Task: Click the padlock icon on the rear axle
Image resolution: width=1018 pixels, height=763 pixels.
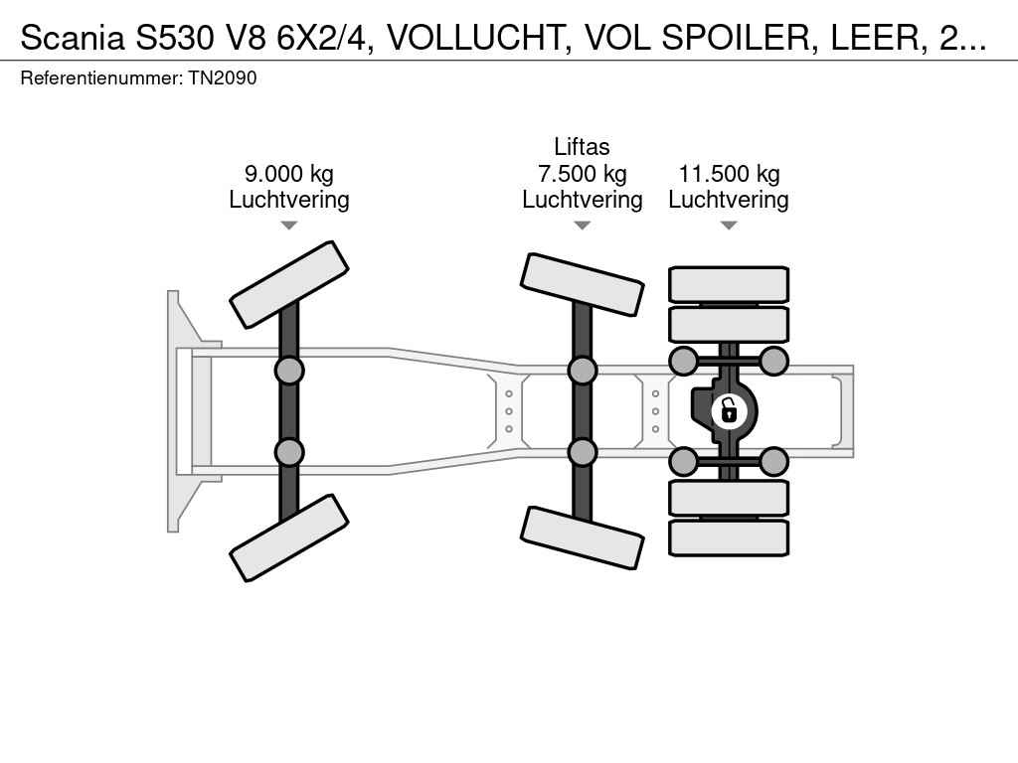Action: click(729, 409)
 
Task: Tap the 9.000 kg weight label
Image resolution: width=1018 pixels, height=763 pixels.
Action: click(288, 174)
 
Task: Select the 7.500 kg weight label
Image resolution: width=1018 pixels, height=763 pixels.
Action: click(582, 174)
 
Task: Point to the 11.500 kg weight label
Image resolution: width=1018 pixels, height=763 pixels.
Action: click(729, 174)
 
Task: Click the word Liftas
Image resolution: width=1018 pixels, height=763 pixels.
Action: click(582, 147)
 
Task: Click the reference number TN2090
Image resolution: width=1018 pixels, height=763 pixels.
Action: click(223, 77)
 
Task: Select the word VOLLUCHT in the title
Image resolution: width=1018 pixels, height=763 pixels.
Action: click(473, 38)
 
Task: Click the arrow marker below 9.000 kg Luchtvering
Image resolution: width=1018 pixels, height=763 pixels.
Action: click(288, 226)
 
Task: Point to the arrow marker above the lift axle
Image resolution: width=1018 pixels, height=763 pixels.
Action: click(582, 226)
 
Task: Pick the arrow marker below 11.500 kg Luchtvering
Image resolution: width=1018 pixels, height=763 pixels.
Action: click(729, 226)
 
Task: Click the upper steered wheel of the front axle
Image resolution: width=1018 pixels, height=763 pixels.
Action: click(289, 284)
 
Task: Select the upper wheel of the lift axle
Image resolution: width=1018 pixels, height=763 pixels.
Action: click(583, 284)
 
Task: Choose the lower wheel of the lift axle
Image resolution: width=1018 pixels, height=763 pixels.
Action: click(583, 537)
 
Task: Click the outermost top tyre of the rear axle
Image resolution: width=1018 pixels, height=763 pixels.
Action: click(729, 284)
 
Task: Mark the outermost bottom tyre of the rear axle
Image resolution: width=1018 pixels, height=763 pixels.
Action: click(729, 537)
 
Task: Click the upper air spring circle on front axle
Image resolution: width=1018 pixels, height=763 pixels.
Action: click(288, 372)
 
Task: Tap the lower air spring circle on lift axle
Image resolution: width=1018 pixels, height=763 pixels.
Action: click(582, 453)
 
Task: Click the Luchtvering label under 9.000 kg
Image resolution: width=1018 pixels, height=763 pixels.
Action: click(288, 200)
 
